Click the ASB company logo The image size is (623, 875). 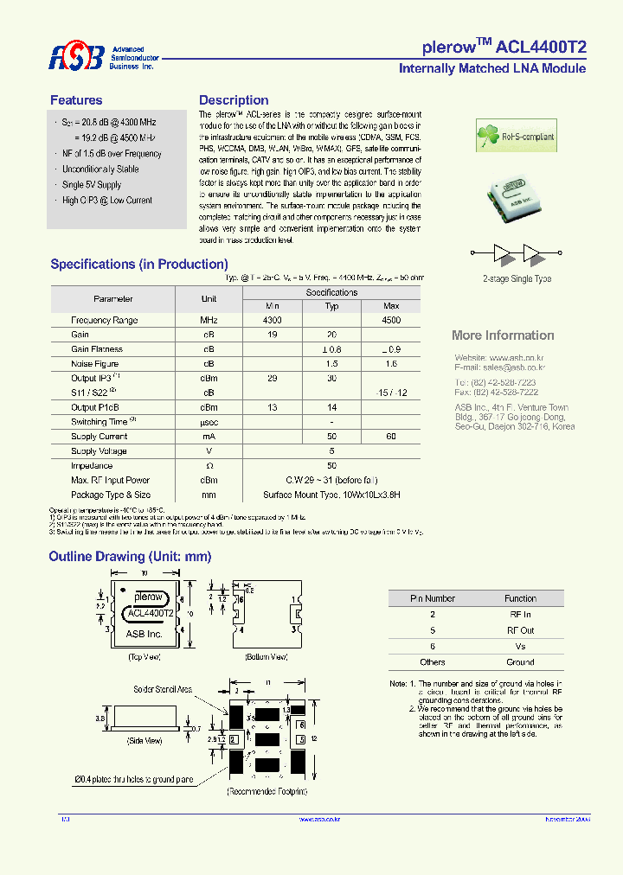pos(76,57)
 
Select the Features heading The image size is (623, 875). pos(76,100)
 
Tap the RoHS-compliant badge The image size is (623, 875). pos(517,136)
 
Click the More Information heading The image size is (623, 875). pos(503,335)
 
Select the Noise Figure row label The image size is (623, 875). pos(95,364)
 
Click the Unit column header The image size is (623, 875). pos(209,299)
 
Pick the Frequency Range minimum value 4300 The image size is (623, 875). pos(273,320)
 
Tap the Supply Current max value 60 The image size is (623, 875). pos(391,437)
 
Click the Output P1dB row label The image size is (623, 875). pos(95,407)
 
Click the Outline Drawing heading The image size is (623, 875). pos(130,557)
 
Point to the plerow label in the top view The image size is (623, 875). pos(149,597)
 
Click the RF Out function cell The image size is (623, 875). pos(520,630)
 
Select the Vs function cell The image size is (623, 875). pos(520,646)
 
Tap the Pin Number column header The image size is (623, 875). pos(433,598)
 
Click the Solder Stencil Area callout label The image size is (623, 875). pos(162,689)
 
